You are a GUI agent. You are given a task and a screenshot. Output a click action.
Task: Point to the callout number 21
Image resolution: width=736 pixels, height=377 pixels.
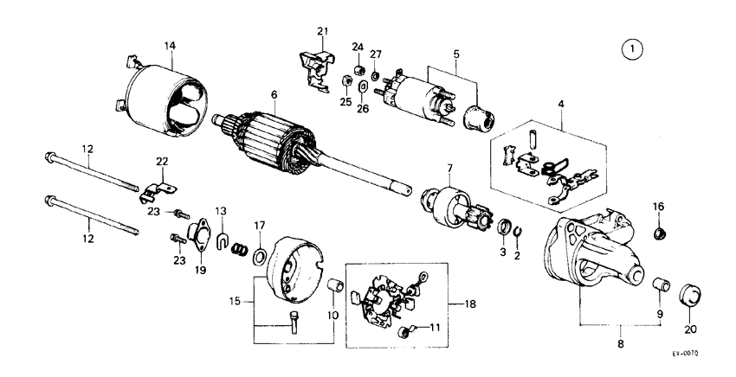pyautogui.click(x=323, y=32)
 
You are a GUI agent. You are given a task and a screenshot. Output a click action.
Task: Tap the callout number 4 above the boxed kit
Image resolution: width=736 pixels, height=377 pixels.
pyautogui.click(x=560, y=105)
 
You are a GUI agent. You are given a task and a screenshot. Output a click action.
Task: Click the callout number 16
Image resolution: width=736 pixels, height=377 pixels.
pyautogui.click(x=658, y=208)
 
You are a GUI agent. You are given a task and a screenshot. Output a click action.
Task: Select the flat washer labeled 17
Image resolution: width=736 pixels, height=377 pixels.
pyautogui.click(x=259, y=256)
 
